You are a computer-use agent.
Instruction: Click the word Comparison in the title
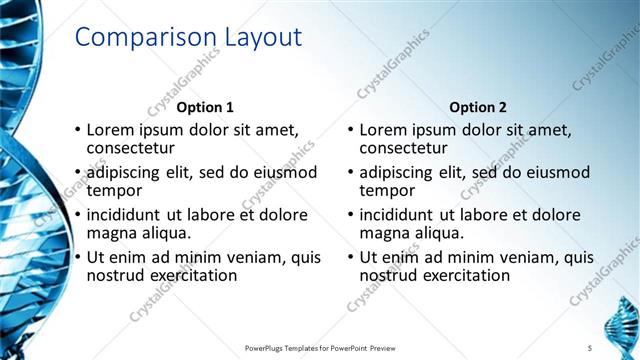point(136,38)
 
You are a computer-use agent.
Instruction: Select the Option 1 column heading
point(205,107)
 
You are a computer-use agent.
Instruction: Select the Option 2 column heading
point(478,107)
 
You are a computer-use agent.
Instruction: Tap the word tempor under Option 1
point(115,191)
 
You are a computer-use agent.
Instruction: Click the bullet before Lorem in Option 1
point(78,131)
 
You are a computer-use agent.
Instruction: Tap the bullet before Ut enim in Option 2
point(351,257)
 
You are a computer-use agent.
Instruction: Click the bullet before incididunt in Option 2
point(351,215)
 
